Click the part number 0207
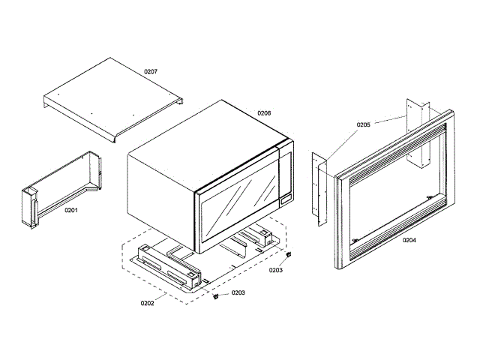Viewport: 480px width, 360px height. tap(151, 72)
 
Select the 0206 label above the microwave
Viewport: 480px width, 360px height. tap(264, 113)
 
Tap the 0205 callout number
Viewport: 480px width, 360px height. tap(364, 124)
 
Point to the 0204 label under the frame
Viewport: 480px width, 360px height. tap(409, 241)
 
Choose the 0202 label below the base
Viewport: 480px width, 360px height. tap(148, 303)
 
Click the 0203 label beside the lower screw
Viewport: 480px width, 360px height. tap(238, 293)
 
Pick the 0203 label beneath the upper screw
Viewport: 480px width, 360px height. tap(276, 270)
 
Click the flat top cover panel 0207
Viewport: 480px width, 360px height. tap(112, 97)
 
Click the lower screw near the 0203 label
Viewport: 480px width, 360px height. tap(217, 296)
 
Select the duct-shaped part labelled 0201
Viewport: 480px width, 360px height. tap(60, 187)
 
